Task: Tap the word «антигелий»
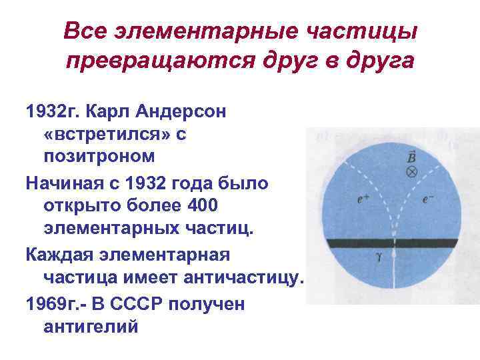pyautogui.click(x=91, y=327)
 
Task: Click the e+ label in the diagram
pyautogui.click(x=364, y=199)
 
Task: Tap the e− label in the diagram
pyautogui.click(x=428, y=199)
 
